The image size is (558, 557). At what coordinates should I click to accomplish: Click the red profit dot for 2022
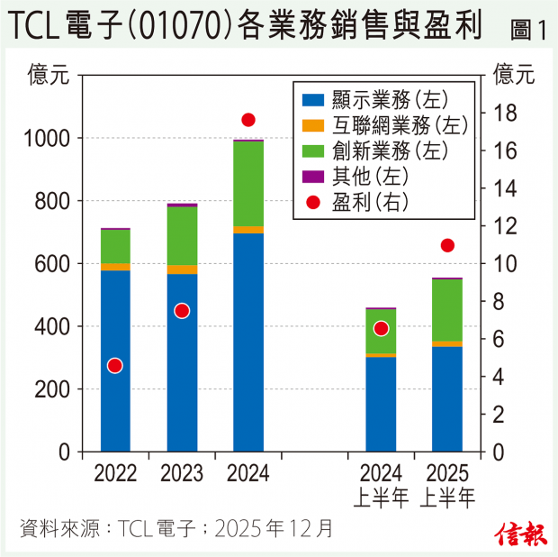[114, 365]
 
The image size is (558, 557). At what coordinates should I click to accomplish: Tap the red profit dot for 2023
[182, 310]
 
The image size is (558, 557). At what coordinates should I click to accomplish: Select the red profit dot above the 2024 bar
[248, 120]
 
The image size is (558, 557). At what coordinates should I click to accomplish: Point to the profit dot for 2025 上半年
[447, 245]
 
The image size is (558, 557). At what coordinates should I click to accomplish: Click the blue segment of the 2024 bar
[248, 342]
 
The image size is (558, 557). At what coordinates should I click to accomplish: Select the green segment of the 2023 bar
[182, 236]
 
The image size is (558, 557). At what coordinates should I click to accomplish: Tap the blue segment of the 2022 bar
[115, 361]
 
